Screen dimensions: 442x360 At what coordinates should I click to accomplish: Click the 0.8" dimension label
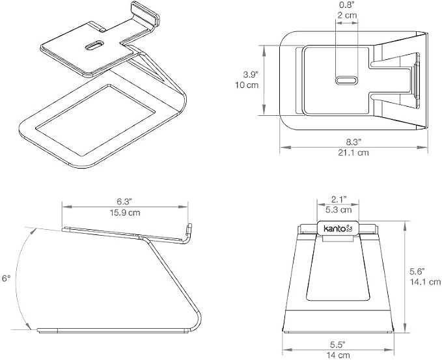(x=347, y=5)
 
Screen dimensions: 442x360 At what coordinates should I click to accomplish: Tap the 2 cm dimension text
(x=347, y=15)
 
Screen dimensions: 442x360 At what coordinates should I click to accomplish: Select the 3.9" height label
(x=251, y=75)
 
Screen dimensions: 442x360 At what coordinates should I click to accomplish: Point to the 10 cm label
(x=247, y=85)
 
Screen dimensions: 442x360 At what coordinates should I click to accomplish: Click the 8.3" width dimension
(x=353, y=142)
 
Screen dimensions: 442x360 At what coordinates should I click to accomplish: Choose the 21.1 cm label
(x=353, y=152)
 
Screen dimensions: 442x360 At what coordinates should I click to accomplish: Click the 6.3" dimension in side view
(x=124, y=202)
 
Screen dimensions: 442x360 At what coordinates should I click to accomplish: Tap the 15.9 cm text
(x=125, y=212)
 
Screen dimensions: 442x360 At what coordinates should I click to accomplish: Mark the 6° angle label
(x=7, y=279)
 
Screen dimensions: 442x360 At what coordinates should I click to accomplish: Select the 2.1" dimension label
(x=338, y=200)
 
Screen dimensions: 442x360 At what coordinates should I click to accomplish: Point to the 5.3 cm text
(x=338, y=210)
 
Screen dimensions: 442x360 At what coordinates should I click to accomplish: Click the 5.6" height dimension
(x=417, y=271)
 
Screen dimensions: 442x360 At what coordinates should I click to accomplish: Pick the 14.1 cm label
(x=425, y=282)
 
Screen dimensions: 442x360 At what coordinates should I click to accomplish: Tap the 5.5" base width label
(x=338, y=344)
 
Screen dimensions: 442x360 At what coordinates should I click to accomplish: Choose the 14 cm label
(x=338, y=355)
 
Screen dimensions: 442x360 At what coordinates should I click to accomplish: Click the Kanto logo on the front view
(x=338, y=228)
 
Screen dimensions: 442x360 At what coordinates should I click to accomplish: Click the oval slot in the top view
(x=346, y=81)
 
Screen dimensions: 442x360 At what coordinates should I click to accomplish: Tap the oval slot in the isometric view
(x=95, y=46)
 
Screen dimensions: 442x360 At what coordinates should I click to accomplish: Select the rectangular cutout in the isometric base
(x=95, y=120)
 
